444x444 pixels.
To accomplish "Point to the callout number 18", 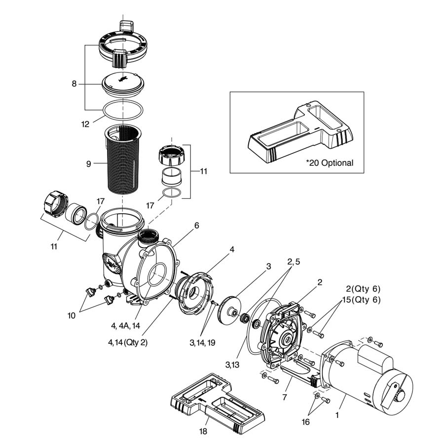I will tap(203, 431).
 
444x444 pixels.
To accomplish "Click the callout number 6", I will tap(196, 225).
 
